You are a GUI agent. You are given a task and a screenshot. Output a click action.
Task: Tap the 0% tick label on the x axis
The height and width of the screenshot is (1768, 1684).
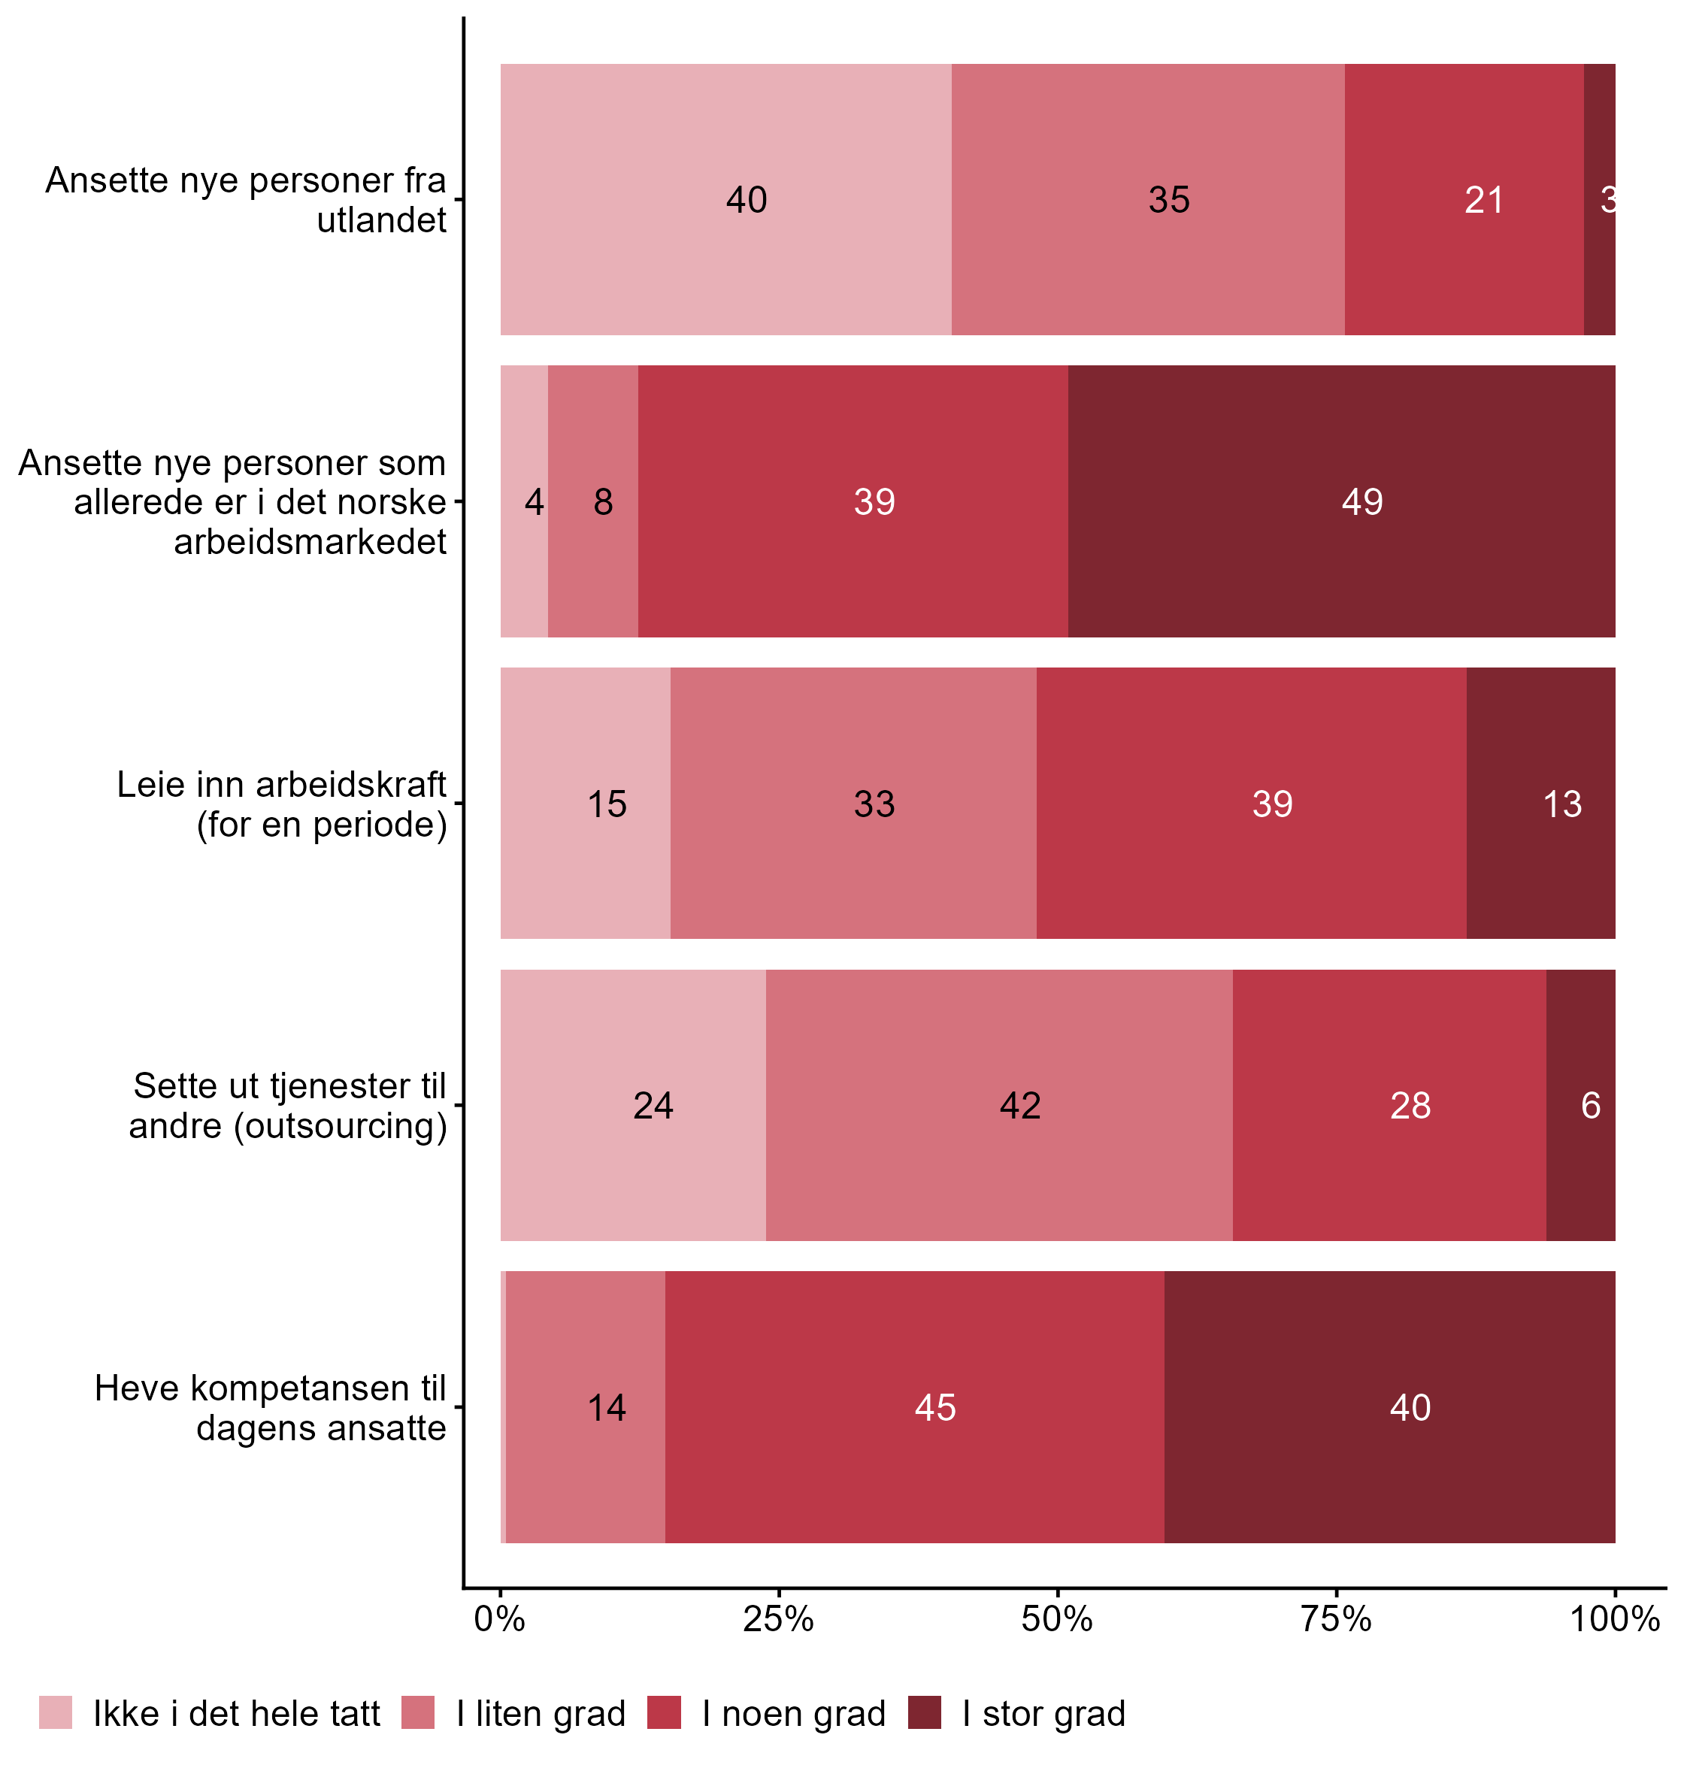(499, 1620)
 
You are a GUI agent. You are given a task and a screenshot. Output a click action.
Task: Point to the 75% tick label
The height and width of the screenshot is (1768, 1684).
(1336, 1620)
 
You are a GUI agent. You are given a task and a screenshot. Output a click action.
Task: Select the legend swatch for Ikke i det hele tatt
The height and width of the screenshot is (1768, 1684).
(56, 1712)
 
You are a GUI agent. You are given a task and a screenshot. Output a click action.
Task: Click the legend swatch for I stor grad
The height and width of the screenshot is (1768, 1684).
(925, 1712)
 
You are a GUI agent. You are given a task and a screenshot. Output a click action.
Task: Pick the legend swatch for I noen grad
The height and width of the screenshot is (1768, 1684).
(665, 1712)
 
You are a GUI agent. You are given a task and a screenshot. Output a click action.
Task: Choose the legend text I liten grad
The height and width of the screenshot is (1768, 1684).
(541, 1714)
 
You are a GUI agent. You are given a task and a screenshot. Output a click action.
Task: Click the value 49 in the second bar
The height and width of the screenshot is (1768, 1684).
(1361, 501)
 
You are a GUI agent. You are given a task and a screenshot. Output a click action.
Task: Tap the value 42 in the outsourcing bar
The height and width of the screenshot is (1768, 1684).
(1019, 1106)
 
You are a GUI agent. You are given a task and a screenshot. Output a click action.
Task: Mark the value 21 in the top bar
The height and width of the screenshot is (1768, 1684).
(1484, 200)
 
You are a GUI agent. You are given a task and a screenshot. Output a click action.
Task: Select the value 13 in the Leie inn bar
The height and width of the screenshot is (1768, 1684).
(1562, 804)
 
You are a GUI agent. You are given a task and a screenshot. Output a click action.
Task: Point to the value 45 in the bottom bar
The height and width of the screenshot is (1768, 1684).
(934, 1407)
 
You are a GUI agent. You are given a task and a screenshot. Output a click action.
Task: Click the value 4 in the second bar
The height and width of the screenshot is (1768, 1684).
(534, 501)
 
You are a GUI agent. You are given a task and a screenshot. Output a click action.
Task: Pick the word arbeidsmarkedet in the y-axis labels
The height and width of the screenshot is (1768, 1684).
(310, 542)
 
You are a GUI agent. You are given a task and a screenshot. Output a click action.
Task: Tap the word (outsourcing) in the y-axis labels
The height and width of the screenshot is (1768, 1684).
(341, 1125)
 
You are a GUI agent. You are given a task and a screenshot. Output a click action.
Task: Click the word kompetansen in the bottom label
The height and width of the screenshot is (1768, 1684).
(289, 1388)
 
